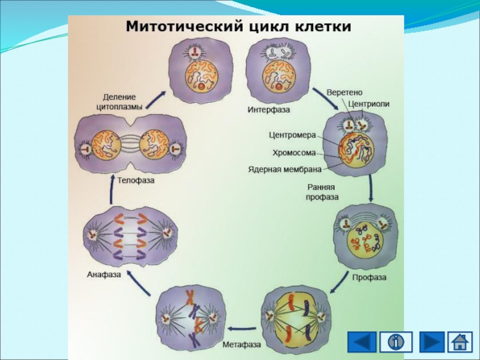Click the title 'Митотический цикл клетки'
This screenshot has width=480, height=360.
click(238, 28)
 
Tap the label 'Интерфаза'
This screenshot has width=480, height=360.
click(268, 110)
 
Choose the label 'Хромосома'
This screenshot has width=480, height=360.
click(294, 152)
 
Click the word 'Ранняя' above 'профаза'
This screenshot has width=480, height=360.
click(322, 187)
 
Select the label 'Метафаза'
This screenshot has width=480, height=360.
click(241, 344)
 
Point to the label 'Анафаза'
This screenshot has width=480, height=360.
click(104, 275)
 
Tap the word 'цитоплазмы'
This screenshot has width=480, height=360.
click(119, 107)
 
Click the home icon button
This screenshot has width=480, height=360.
click(460, 342)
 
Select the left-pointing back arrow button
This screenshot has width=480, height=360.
click(362, 342)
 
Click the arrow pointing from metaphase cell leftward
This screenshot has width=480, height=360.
click(242, 328)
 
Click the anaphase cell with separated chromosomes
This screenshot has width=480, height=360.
click(131, 236)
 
